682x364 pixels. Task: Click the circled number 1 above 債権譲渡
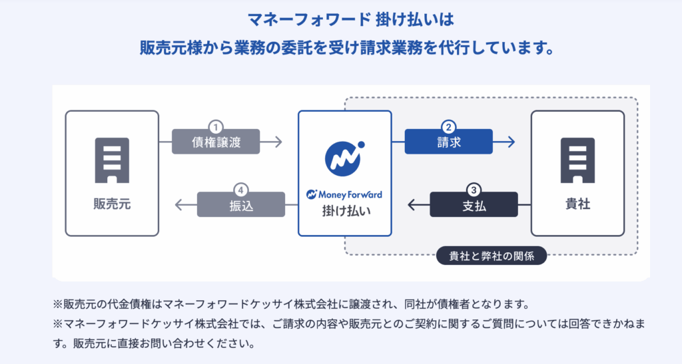point(214,126)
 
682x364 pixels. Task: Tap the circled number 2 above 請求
point(449,126)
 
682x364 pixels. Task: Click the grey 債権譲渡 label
point(214,142)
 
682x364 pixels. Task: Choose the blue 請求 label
point(449,142)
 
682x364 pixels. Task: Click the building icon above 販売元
point(112,160)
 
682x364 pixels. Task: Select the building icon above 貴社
point(577,160)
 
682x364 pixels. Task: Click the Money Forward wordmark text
point(345,194)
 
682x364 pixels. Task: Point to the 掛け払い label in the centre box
point(345,211)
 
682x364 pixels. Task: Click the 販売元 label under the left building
point(112,204)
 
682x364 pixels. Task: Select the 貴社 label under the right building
point(577,204)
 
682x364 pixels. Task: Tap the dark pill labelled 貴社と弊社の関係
point(491,255)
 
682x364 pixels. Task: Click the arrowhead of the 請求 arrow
point(511,142)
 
